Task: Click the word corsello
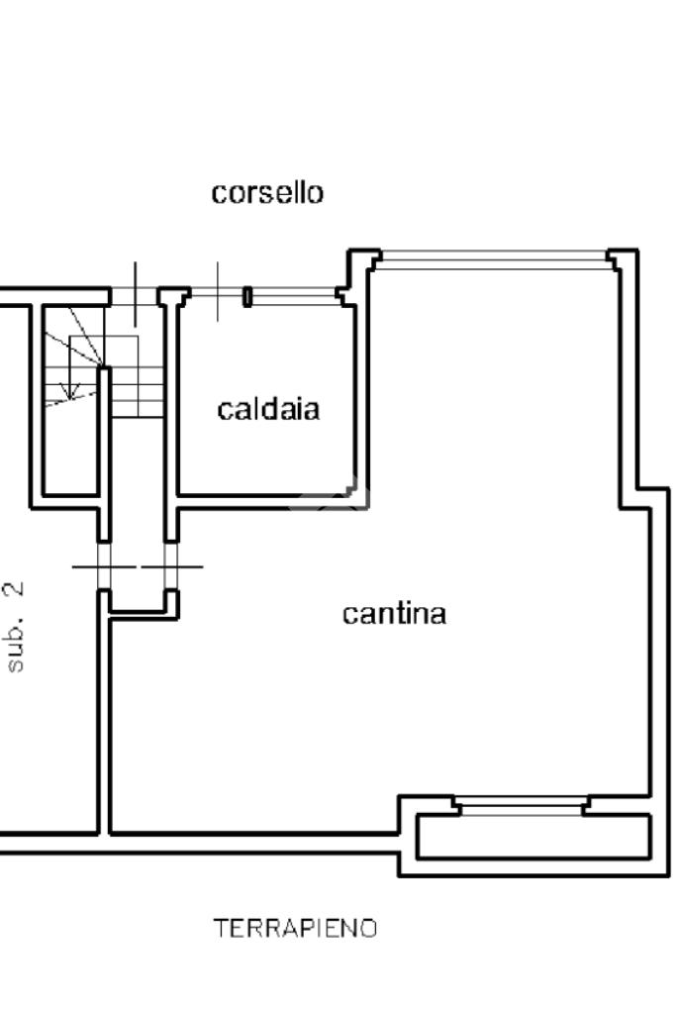[267, 192]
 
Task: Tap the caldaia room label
[268, 408]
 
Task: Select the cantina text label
[394, 614]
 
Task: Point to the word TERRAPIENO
[296, 929]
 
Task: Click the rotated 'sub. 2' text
[16, 627]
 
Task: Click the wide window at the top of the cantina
[493, 260]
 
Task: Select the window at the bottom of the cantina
[522, 808]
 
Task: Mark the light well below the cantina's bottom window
[532, 837]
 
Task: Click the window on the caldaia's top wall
[295, 295]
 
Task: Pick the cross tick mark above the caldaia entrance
[219, 291]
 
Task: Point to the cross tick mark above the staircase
[136, 293]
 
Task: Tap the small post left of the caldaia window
[247, 296]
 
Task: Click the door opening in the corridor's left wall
[103, 566]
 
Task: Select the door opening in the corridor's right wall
[171, 566]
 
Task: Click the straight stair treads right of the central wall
[136, 391]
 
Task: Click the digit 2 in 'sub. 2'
[16, 591]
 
